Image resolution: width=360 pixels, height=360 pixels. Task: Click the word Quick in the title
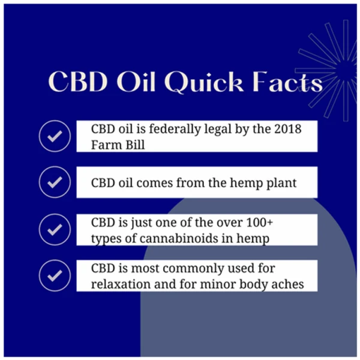pos(204,83)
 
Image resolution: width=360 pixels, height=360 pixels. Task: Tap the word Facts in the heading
pos(287,82)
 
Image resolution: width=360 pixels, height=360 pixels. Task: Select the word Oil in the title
pos(135,82)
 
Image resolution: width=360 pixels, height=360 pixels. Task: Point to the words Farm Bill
pos(118,145)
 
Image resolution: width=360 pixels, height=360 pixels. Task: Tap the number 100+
pos(259,222)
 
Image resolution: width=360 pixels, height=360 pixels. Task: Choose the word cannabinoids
pos(179,238)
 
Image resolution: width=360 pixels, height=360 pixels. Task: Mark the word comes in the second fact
pos(155,183)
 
